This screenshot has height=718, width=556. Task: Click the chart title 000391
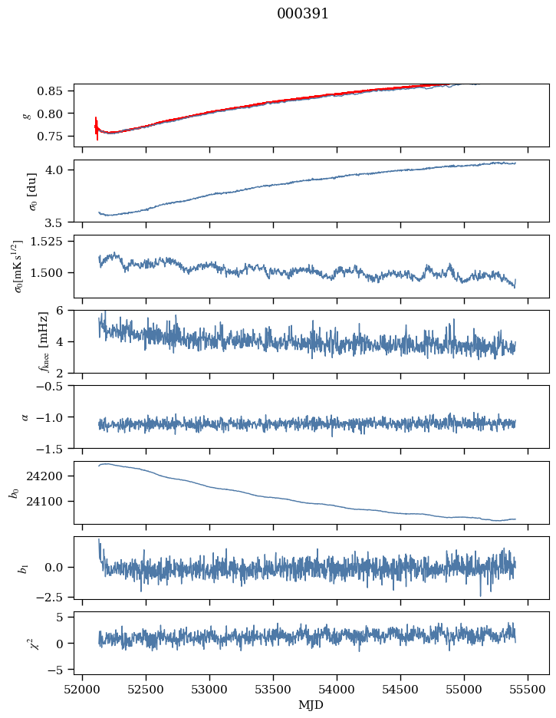click(303, 14)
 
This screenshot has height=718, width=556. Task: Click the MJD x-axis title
click(311, 704)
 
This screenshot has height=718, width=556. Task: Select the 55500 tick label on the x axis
click(528, 690)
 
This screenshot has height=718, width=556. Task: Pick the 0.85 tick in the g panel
click(56, 91)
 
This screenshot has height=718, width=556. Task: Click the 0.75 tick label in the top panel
click(56, 137)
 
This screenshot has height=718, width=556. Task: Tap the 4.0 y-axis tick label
click(61, 170)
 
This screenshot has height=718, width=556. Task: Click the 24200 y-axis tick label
click(51, 476)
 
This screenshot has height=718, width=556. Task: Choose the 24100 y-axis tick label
click(51, 502)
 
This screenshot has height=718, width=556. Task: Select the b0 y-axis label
click(13, 492)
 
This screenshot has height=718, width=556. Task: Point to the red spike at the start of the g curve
click(97, 127)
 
